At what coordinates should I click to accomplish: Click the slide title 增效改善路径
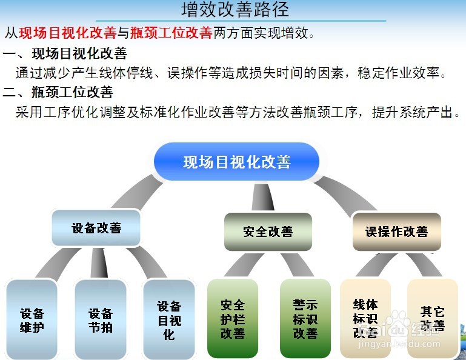pos(235,10)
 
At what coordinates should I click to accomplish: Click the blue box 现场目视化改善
pos(236,162)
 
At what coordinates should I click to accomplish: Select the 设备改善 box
pos(96,228)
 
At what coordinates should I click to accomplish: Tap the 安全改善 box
pos(268,232)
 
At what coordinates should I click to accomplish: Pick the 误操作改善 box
pos(396,232)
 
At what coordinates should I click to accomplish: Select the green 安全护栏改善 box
pos(233,319)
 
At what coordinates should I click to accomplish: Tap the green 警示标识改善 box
pos(305,319)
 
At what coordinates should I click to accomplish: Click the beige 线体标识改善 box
pos(365,319)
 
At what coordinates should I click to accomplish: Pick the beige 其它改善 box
pos(432,319)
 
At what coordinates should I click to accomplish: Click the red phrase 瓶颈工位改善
pos(171,32)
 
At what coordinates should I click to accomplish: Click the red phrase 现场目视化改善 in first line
pos(67,32)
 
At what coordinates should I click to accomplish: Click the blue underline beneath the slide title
pos(235,21)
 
